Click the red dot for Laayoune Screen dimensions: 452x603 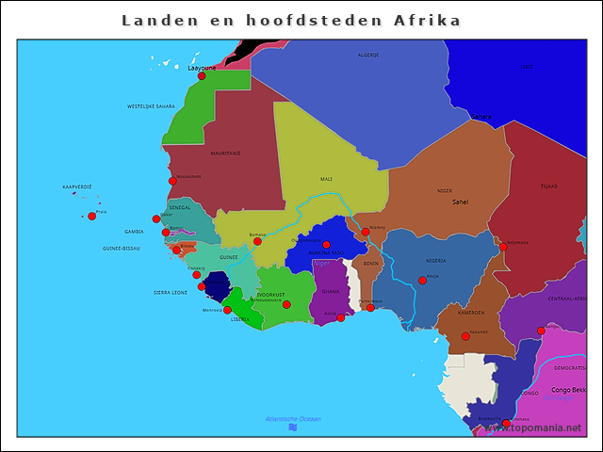[x=202, y=76]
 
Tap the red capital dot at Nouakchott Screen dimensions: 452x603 [x=172, y=181]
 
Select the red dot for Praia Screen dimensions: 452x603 [x=91, y=217]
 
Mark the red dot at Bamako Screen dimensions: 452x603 [x=257, y=241]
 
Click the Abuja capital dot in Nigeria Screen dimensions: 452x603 [x=422, y=281]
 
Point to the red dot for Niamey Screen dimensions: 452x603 [x=366, y=232]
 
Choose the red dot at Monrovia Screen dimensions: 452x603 [x=227, y=310]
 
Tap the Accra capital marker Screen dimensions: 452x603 [x=340, y=317]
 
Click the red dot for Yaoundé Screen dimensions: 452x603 [x=465, y=336]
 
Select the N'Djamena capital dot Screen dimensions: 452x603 [x=503, y=248]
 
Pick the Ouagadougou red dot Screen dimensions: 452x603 [x=326, y=245]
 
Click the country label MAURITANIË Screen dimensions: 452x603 [x=225, y=153]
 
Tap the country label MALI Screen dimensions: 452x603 [x=326, y=178]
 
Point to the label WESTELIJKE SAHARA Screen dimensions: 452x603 [x=151, y=106]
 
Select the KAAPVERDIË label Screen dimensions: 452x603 [x=77, y=186]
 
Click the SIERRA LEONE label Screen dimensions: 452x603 [x=171, y=293]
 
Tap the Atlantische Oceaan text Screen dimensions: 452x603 [x=293, y=418]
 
